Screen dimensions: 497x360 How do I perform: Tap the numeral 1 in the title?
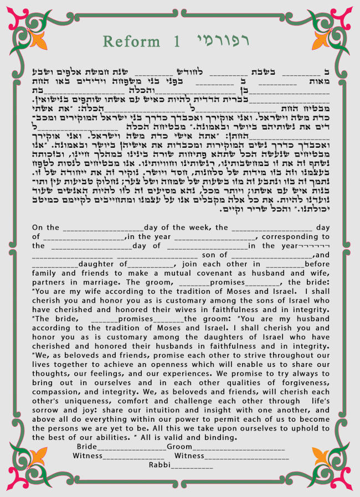pyautogui.click(x=177, y=42)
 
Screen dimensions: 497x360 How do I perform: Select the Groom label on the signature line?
pyautogui.click(x=179, y=447)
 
